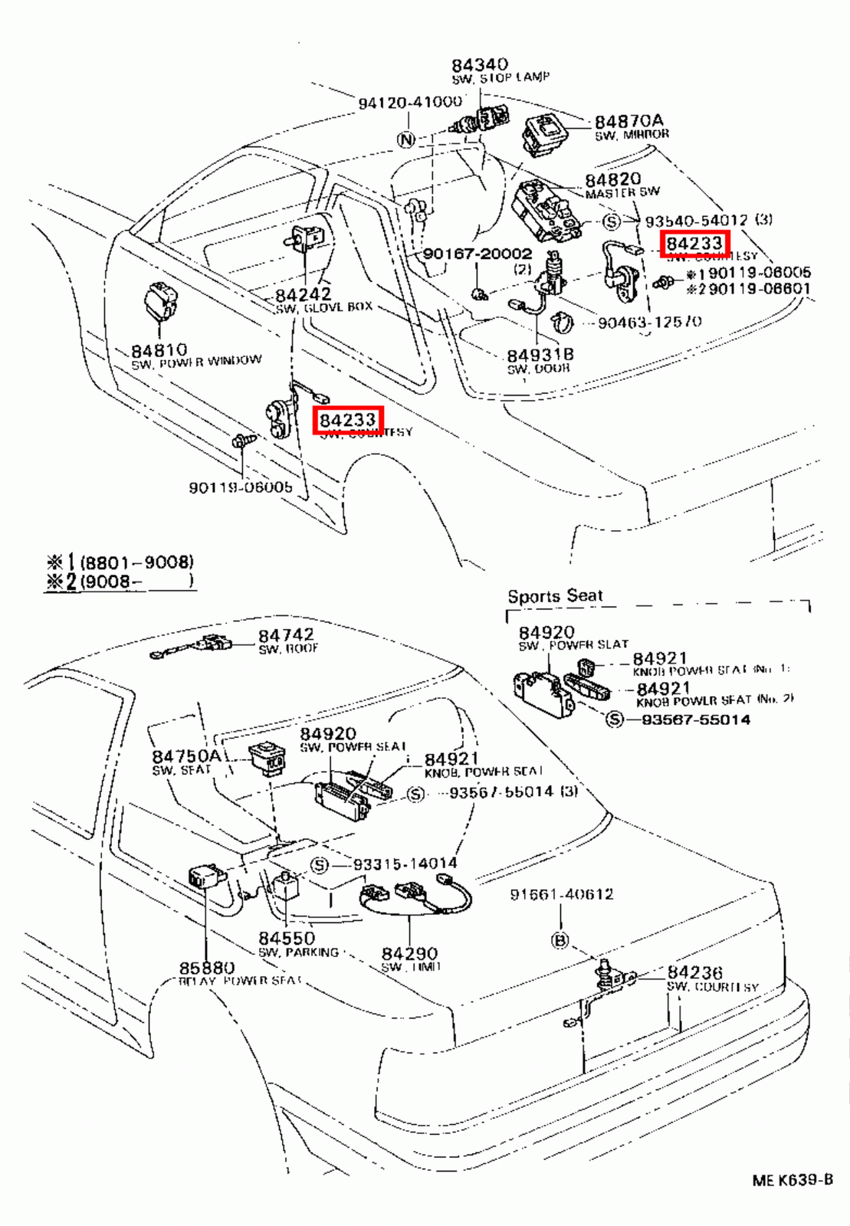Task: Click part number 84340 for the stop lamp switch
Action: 479,65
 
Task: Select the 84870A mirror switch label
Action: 628,121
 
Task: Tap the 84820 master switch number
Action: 612,180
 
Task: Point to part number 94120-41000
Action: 410,102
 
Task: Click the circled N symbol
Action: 406,139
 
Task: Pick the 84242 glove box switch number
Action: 303,294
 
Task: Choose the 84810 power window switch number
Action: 158,350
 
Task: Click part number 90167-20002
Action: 477,254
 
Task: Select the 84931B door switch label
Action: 540,355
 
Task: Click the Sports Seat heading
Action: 555,595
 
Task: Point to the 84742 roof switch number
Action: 285,635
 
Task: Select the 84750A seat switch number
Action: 186,756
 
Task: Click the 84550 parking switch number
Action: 286,938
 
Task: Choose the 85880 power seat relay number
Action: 207,968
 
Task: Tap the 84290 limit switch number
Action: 409,953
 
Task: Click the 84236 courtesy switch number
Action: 694,972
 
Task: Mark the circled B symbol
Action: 560,939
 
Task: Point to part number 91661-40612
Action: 561,894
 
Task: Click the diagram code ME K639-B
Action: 792,1180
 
